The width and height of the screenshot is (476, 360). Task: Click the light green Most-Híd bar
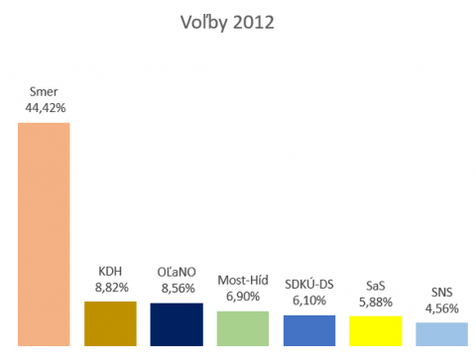coord(243,327)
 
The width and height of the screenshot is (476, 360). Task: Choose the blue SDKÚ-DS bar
coord(309,329)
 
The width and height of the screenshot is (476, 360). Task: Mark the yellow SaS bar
coord(376,330)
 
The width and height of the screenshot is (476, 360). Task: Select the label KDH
coord(110,271)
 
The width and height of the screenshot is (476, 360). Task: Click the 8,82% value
coord(110,287)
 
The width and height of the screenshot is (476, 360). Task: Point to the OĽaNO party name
coord(177,271)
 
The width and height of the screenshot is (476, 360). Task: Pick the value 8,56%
coord(177,287)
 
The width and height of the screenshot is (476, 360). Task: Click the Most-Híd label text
coord(243,281)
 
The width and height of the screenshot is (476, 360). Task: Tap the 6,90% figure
coord(243,297)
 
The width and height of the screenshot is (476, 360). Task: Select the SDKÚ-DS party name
coord(309,285)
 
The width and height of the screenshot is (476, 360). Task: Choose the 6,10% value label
coord(309,300)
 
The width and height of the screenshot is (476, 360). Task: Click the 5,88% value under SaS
coord(376,301)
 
